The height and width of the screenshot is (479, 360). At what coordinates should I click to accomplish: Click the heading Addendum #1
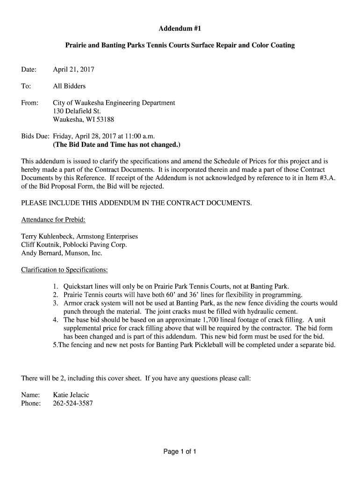(x=180, y=29)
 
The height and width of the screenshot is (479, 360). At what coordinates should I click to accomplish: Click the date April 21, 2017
(x=73, y=70)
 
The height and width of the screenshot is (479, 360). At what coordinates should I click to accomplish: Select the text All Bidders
(x=69, y=86)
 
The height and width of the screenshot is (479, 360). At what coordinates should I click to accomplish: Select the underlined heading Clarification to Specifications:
(x=65, y=270)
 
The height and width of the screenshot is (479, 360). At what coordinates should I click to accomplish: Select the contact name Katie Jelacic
(x=71, y=395)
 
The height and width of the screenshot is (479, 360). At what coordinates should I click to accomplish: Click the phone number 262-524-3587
(x=73, y=403)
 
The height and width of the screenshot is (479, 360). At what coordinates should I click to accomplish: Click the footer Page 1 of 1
(x=180, y=452)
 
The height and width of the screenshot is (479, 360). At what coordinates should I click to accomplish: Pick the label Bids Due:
(x=35, y=136)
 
